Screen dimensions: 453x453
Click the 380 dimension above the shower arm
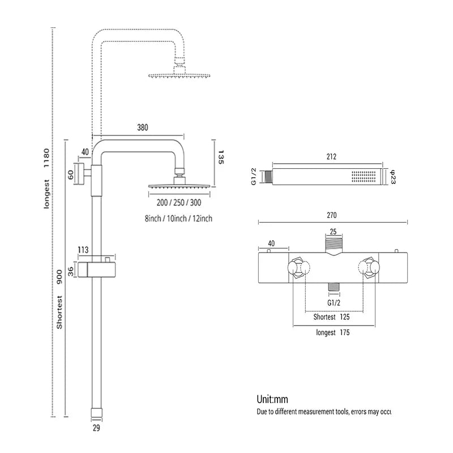pos(142,128)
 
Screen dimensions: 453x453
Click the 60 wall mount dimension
pos(71,174)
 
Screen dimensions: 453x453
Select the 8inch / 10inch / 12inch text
pos(178,218)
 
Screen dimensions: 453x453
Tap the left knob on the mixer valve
pos(298,268)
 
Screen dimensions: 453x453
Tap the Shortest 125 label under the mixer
pos(331,317)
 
